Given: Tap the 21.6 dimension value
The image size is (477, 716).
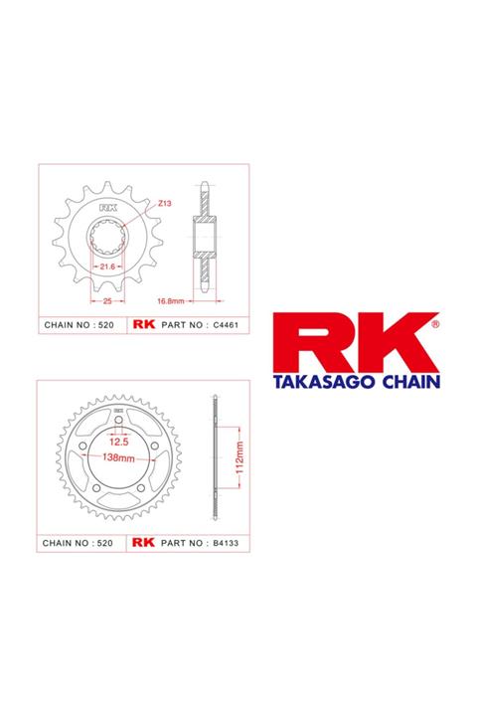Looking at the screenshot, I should (x=108, y=269).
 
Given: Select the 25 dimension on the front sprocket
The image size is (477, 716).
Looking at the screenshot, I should (x=107, y=299).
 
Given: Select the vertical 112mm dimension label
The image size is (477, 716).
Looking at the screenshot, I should (x=241, y=455).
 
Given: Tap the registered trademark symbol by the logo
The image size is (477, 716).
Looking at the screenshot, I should (x=435, y=322).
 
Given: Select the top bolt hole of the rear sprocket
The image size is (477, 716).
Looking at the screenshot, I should (x=117, y=423).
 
